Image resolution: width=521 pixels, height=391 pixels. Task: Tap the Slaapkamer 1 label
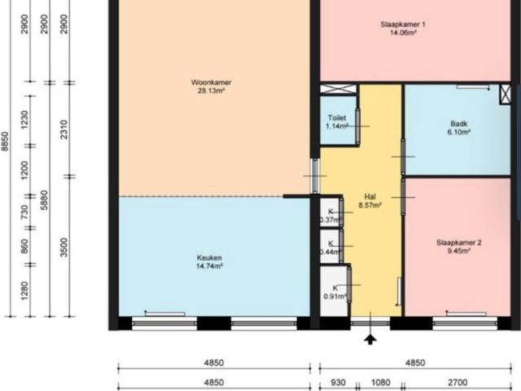pyautogui.click(x=403, y=24)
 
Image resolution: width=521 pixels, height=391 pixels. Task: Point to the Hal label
pyautogui.click(x=370, y=196)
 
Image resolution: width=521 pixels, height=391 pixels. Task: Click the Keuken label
pyautogui.click(x=209, y=257)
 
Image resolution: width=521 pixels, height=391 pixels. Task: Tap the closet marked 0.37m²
pyautogui.click(x=331, y=216)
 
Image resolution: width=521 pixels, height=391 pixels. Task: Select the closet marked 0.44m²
pyautogui.click(x=331, y=248)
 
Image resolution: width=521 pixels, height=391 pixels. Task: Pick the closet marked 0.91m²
pyautogui.click(x=331, y=292)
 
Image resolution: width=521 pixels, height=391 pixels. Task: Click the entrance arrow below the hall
pyautogui.click(x=370, y=338)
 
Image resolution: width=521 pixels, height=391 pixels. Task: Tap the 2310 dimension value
pyautogui.click(x=64, y=129)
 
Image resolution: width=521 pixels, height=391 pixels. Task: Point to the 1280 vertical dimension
pyautogui.click(x=24, y=290)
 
